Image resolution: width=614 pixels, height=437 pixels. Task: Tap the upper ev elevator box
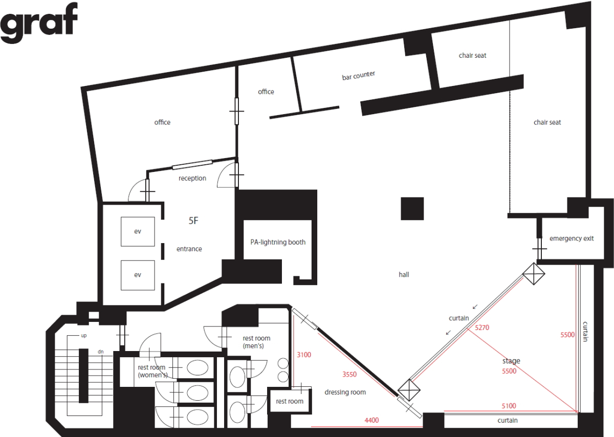click(x=138, y=231)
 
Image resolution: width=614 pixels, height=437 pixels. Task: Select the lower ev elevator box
click(x=138, y=275)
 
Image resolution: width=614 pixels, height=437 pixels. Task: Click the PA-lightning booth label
click(x=278, y=242)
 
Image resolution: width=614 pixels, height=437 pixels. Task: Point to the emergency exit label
click(x=572, y=238)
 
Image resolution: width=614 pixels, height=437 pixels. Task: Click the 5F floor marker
click(x=193, y=221)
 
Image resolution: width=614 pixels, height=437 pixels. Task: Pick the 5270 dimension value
click(x=482, y=327)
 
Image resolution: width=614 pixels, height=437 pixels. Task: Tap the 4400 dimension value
click(x=371, y=420)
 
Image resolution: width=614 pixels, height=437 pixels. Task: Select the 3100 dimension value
click(x=304, y=355)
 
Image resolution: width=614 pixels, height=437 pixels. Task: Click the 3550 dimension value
click(x=349, y=374)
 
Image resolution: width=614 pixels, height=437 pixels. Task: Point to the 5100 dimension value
click(x=509, y=406)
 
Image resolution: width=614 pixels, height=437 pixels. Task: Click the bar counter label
click(x=359, y=75)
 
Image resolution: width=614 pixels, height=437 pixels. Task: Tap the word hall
click(x=404, y=274)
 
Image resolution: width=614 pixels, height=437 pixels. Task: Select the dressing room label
click(x=345, y=392)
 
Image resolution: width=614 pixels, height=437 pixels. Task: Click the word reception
click(x=192, y=178)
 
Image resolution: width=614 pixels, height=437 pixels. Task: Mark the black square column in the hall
click(x=412, y=208)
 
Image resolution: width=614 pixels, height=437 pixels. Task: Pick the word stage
click(x=511, y=361)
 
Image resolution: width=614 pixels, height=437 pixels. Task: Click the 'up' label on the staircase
click(x=83, y=336)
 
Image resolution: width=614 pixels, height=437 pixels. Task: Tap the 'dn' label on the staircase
click(x=101, y=352)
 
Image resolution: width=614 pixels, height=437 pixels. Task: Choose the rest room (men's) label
click(x=256, y=342)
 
